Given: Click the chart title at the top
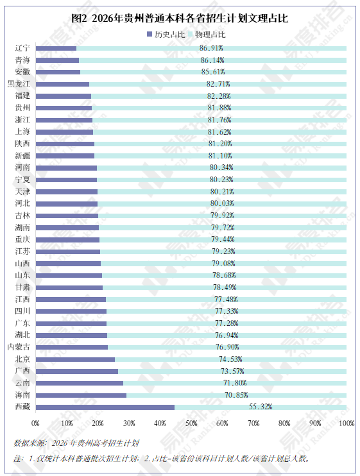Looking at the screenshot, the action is coord(180,19).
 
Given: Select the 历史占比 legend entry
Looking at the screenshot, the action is coord(166,34).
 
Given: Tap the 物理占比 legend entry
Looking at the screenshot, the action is coord(207,34).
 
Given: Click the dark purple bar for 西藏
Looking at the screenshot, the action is coord(105,407).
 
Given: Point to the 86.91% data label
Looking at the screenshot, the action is coord(211,48).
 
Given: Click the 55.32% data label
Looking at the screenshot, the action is coord(261,407).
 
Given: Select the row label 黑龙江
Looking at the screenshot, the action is coord(19,83).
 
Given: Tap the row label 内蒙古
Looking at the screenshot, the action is coord(19,346).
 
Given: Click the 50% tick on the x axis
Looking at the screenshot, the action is coord(191,423).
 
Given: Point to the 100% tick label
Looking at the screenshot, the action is coord(347,423).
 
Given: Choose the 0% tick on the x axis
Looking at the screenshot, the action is coord(35,423).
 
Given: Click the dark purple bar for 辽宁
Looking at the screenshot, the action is coord(56,48).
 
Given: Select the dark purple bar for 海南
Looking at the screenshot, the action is coord(81,395).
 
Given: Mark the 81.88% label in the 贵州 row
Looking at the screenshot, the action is coord(219,108).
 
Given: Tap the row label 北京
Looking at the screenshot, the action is coord(22,359).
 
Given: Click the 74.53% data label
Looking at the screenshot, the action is coord(230,359).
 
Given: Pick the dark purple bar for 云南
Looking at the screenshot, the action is coord(80,383).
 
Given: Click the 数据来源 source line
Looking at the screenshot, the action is coord(76,443).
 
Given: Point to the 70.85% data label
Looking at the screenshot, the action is coord(236,395).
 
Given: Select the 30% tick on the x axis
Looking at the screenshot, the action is coord(129,423).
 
